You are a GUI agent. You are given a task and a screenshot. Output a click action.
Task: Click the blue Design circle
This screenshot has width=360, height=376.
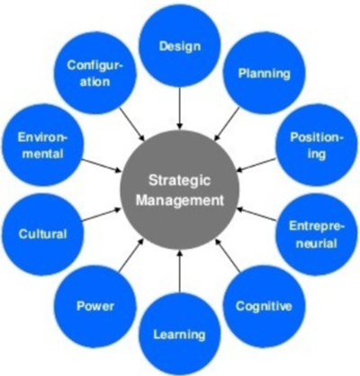point(180,46)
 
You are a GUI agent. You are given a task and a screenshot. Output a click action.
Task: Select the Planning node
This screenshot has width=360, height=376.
point(265,73)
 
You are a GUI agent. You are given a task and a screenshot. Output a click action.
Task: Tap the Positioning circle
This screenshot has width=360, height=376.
point(316,146)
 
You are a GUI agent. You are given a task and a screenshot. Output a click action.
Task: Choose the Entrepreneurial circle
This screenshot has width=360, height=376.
point(316,235)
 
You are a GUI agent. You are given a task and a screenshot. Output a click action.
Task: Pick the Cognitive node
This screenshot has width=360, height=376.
point(265,306)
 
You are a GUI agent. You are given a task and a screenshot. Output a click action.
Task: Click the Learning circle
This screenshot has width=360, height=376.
point(180,334)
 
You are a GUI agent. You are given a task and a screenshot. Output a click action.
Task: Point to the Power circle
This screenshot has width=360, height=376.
point(95,306)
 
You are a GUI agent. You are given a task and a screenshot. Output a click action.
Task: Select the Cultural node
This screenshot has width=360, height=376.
point(43,234)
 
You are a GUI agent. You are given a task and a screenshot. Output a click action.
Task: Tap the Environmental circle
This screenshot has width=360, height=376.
point(43,146)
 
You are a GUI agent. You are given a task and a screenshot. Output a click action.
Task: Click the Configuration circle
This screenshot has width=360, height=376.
point(95,73)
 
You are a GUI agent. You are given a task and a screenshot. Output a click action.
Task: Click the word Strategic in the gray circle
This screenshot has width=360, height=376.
point(179,181)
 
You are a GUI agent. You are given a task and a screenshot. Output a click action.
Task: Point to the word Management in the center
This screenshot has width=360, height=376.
point(180,200)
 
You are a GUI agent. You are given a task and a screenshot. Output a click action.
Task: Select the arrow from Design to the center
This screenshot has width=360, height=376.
point(180,107)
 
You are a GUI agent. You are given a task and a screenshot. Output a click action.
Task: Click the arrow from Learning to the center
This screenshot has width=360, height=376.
point(180,273)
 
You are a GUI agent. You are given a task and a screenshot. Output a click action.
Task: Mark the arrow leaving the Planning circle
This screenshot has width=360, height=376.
point(227,124)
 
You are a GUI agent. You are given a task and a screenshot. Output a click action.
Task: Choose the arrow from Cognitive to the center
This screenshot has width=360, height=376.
point(228,255)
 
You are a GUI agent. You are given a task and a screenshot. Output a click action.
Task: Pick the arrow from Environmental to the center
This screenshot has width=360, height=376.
point(101,166)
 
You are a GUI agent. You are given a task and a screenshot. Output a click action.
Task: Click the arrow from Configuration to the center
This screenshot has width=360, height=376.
point(132,124)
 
